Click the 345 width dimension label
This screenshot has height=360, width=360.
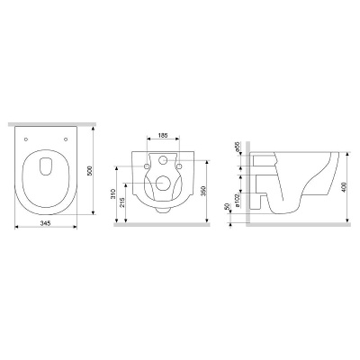[x=46, y=223]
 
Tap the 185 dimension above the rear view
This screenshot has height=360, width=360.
[x=162, y=135]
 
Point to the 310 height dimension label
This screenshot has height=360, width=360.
[x=113, y=193]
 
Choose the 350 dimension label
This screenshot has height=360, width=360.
[x=203, y=191]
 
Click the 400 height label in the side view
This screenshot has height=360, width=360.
[x=344, y=187]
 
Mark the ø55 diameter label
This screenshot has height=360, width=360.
[x=237, y=147]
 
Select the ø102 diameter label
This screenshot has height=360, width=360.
[x=237, y=201]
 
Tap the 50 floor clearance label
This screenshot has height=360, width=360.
[x=227, y=206]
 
